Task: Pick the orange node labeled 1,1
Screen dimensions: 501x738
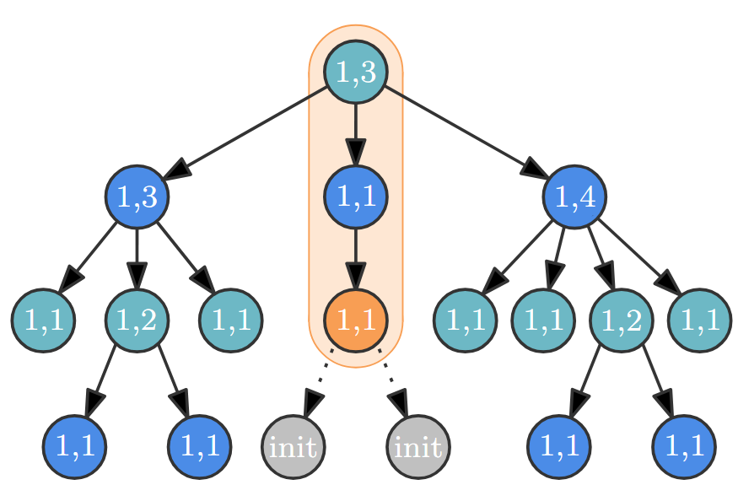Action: click(x=355, y=321)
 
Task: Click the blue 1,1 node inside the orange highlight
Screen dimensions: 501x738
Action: click(x=355, y=196)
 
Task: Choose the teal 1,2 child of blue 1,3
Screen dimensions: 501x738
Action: click(x=137, y=321)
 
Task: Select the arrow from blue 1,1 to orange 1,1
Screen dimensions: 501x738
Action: click(x=355, y=259)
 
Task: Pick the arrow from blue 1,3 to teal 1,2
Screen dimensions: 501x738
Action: click(x=137, y=259)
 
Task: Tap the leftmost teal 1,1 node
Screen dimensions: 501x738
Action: click(x=43, y=321)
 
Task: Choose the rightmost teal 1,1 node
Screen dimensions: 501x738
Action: click(x=699, y=321)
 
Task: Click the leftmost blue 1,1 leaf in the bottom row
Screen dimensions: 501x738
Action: click(x=74, y=445)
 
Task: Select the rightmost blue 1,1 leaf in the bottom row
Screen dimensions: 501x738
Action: click(x=684, y=445)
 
